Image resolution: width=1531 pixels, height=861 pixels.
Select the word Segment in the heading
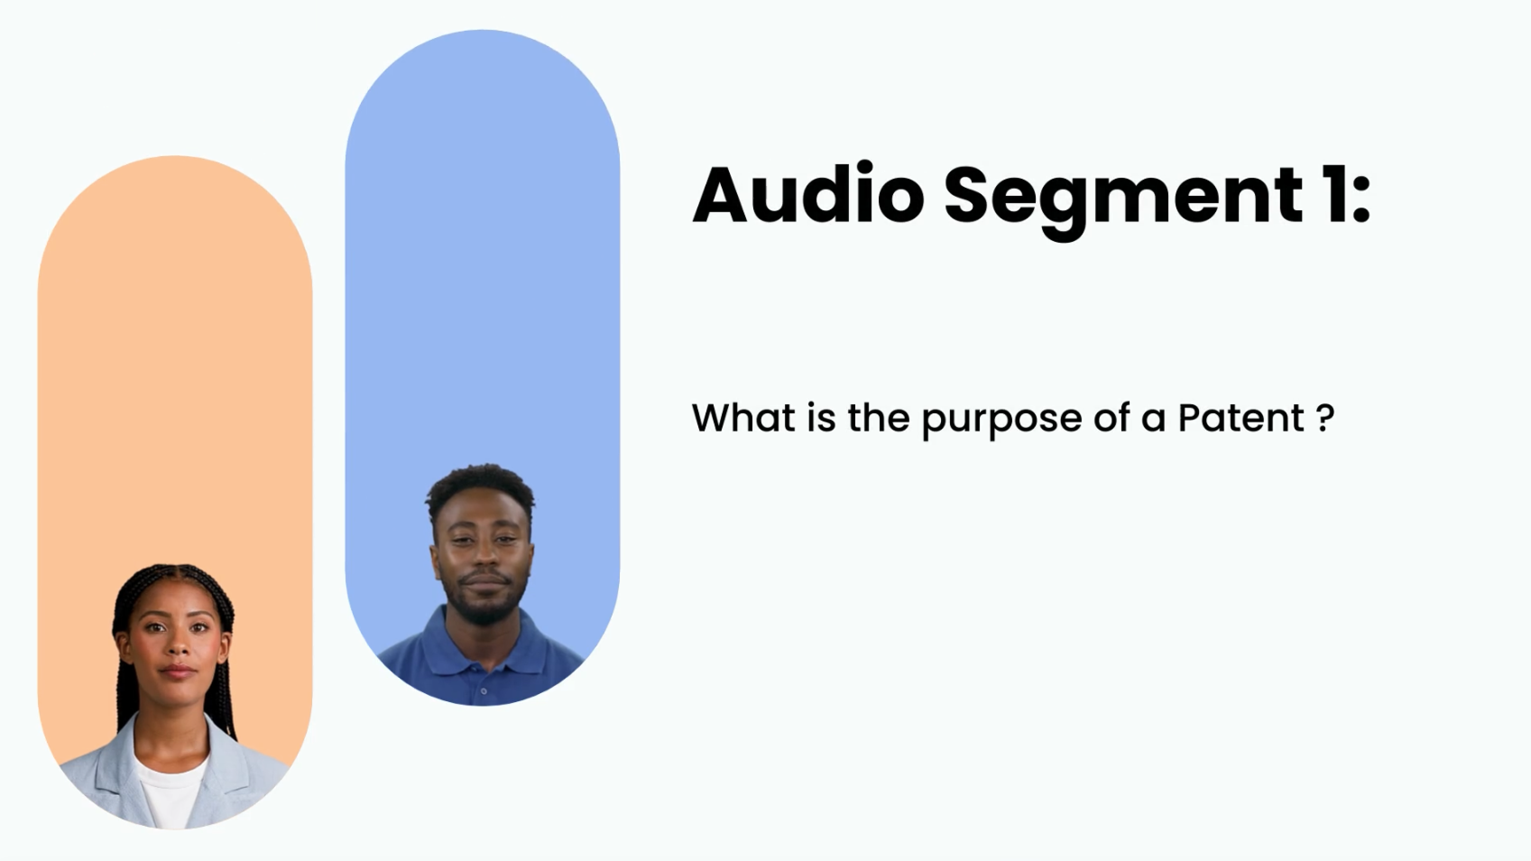pos(1123,201)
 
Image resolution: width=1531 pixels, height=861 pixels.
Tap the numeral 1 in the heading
pos(1333,195)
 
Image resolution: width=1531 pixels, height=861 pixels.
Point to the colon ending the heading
pos(1360,197)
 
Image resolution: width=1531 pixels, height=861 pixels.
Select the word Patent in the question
pos(1240,417)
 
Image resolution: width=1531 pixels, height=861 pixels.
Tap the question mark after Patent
pos(1325,417)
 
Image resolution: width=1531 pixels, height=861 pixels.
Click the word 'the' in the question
pos(879,417)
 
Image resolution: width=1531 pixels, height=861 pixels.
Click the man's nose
pos(484,559)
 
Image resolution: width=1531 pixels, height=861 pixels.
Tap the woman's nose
pos(176,645)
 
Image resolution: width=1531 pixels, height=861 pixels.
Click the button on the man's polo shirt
pos(484,691)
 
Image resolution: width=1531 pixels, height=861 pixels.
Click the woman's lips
pos(178,671)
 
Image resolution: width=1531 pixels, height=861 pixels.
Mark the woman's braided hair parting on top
pos(173,575)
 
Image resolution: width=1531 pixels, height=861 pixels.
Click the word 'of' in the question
pos(1111,417)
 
